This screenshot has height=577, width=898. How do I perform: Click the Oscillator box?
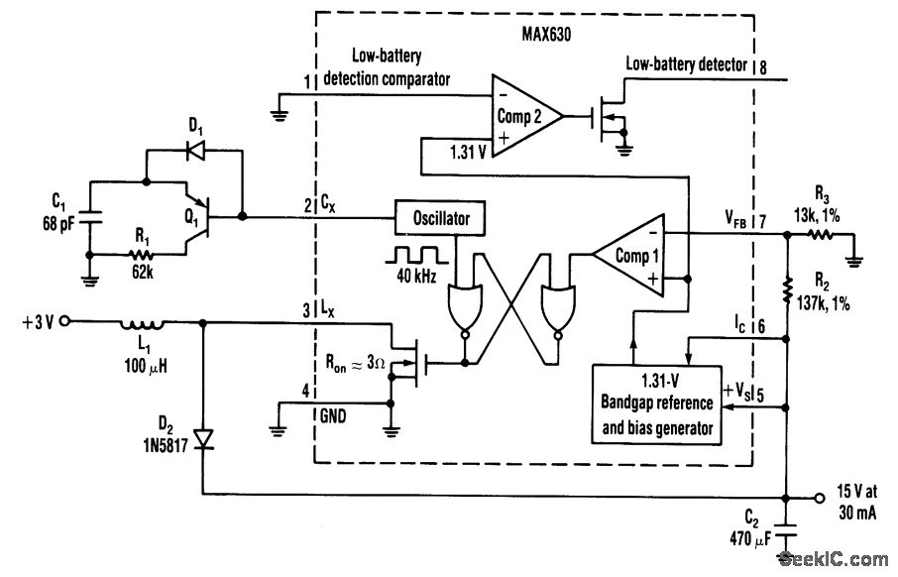tap(440, 218)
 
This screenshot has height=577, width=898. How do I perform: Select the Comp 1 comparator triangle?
tap(628, 255)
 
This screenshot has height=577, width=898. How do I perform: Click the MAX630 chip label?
tap(546, 35)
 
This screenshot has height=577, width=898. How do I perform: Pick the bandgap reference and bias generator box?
tap(656, 404)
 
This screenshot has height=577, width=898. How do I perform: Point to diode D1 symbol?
tap(196, 151)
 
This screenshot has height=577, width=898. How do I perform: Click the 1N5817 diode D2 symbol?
tap(203, 439)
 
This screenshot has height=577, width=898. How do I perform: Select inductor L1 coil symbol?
tap(142, 325)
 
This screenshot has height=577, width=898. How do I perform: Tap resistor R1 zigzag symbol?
tap(142, 255)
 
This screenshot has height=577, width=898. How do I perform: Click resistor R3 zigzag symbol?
tap(820, 234)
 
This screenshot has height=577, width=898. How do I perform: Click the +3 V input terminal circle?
tap(64, 321)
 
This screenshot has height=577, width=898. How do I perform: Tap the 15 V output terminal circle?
tap(820, 498)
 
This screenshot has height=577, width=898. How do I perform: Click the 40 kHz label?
tap(416, 277)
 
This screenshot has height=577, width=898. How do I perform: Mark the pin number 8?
tap(763, 67)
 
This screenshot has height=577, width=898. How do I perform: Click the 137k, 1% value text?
tap(824, 302)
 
